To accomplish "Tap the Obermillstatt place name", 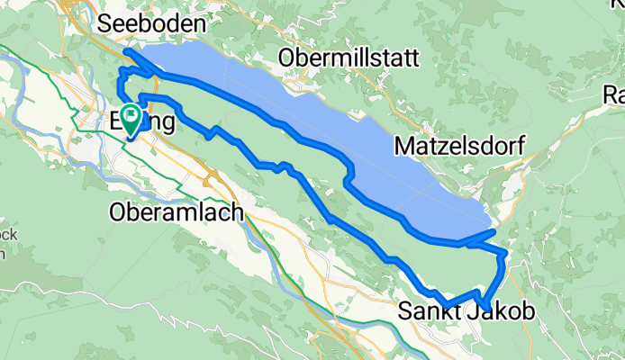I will pos(349,58).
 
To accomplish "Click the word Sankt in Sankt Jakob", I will pos(421,311).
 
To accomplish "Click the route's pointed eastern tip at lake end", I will pos(495,231).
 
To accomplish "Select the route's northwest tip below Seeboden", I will pos(124,51).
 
